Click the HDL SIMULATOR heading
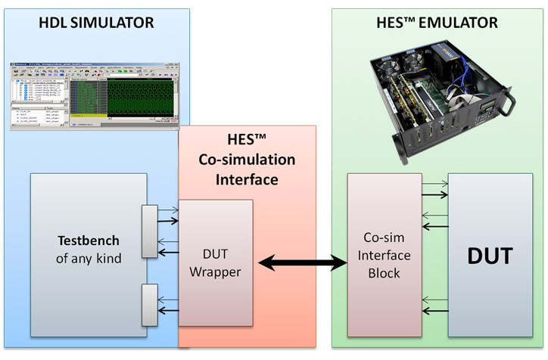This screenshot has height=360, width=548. click(x=95, y=23)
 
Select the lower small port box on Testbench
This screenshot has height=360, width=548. click(x=149, y=304)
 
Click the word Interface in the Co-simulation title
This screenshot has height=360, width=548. click(x=246, y=180)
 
